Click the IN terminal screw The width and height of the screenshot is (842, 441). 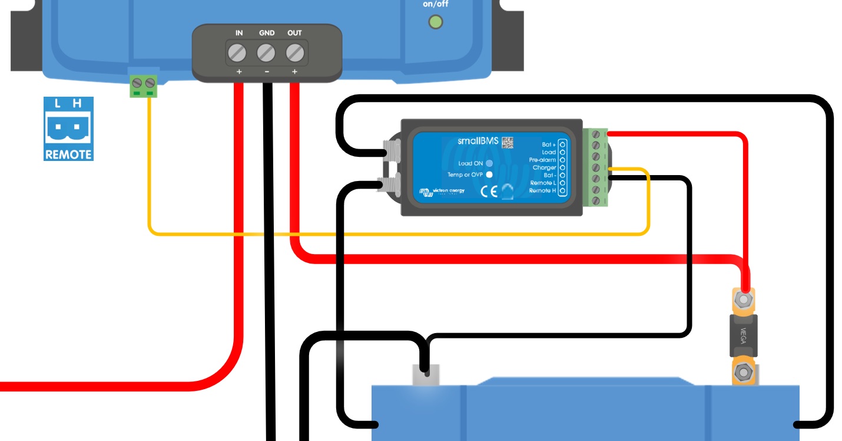237,54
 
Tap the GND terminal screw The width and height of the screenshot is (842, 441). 266,54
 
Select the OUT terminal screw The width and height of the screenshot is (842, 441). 295,54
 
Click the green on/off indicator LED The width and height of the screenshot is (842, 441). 436,22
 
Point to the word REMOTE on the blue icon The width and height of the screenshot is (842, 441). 68,154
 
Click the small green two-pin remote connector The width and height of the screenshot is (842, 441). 144,86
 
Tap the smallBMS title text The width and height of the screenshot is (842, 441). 478,141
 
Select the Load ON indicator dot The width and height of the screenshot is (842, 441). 489,163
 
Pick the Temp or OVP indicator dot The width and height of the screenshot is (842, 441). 489,175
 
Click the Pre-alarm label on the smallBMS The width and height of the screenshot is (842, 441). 542,160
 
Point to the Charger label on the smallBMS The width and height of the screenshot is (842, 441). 544,167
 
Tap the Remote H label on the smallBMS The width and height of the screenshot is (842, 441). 542,190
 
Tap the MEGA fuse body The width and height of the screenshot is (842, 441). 743,335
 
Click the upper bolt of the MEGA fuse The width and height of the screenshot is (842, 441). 744,300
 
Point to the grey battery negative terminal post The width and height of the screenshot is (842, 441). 426,374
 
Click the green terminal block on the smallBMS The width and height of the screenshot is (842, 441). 595,167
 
